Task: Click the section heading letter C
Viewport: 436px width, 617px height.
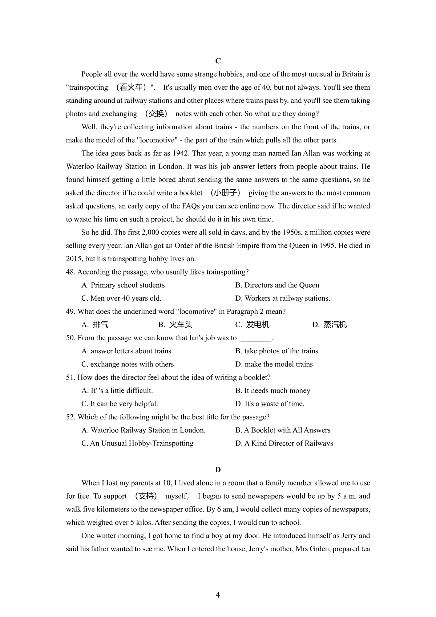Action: [x=218, y=61]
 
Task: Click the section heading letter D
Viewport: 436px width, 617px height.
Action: [x=218, y=470]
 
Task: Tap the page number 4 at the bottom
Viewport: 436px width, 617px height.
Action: [x=218, y=595]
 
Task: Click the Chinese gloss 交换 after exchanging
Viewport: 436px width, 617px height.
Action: [x=156, y=114]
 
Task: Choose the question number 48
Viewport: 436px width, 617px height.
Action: [x=70, y=272]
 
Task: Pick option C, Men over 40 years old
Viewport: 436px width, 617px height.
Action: [x=121, y=299]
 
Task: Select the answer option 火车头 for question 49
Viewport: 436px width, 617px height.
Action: [x=181, y=325]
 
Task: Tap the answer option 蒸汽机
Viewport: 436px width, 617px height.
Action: [x=335, y=325]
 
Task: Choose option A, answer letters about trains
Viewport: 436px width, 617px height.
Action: [x=126, y=351]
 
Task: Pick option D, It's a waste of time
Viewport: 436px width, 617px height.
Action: [x=270, y=404]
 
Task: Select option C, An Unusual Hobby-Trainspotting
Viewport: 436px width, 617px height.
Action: [x=137, y=443]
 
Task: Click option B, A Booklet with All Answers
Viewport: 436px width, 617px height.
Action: [x=283, y=430]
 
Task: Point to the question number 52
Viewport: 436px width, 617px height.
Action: [x=70, y=417]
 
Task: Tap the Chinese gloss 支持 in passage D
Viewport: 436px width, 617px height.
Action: [x=146, y=496]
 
